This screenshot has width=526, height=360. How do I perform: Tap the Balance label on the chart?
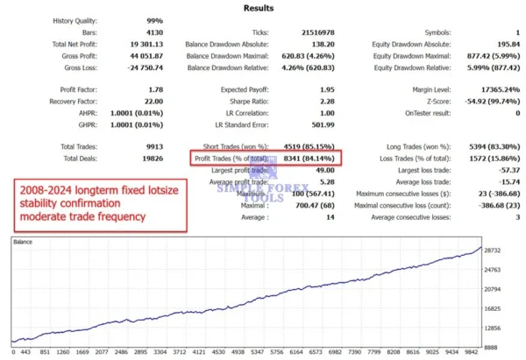click(23, 240)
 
